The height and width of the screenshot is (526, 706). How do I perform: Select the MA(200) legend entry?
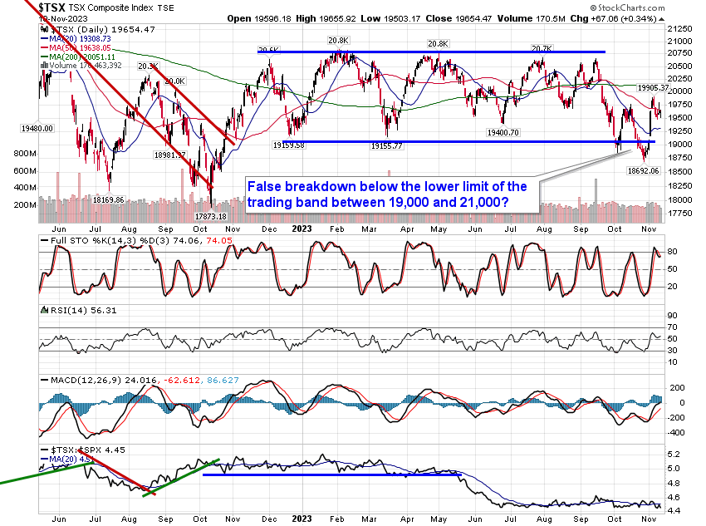(73, 56)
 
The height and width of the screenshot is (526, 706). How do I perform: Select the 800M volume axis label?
(24, 155)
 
